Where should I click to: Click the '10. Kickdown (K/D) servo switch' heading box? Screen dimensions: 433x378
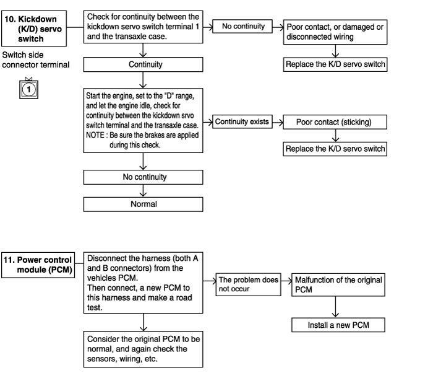click(34, 29)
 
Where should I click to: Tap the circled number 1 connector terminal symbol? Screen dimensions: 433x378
click(28, 89)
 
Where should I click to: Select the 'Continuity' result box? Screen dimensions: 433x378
click(143, 64)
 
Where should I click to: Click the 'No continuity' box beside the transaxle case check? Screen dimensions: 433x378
click(242, 26)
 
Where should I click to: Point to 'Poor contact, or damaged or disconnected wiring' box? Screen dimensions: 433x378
click(335, 32)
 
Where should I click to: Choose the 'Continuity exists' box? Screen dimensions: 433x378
click(242, 121)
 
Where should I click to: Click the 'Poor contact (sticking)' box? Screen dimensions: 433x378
click(335, 122)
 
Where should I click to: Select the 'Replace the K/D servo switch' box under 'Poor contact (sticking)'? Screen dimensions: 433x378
click(335, 149)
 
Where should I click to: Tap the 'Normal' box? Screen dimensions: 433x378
click(143, 204)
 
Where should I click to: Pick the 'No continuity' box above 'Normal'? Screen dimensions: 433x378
click(143, 177)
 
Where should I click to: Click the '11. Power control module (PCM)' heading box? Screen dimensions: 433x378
click(38, 265)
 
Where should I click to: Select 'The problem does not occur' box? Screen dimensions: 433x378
click(248, 284)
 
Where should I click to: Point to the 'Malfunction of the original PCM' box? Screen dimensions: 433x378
click(338, 285)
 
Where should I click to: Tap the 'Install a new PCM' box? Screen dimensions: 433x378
click(338, 325)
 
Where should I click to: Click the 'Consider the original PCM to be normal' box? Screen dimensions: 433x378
click(143, 349)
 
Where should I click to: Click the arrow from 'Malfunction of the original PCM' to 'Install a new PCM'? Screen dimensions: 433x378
click(335, 307)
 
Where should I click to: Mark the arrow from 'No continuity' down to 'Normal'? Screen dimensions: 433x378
click(143, 191)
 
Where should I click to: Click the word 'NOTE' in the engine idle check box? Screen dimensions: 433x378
click(95, 135)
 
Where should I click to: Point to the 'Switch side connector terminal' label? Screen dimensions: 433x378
click(36, 59)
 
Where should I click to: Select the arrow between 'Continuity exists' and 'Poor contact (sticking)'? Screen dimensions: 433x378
click(278, 122)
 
